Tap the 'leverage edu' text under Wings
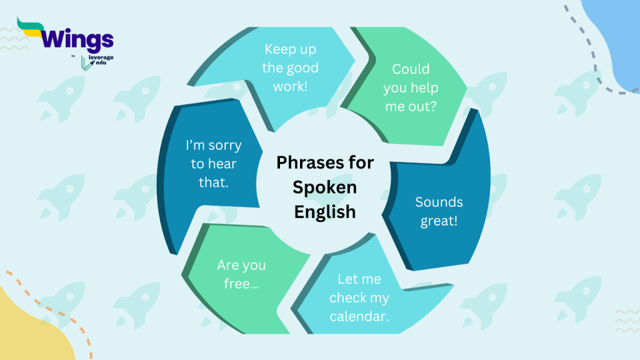coord(101,61)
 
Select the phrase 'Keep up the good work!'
coord(291,67)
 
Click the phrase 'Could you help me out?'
coord(411,87)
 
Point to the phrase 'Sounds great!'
coord(439,211)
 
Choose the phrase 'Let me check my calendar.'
coord(359,297)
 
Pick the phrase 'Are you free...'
coord(241,274)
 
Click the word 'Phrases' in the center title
coord(306,163)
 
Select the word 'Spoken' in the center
coord(325,187)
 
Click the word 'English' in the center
coord(325,211)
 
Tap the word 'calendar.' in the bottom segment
coord(359,316)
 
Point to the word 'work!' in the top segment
coord(291,86)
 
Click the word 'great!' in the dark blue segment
coord(439,221)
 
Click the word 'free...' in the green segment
coord(241,283)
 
